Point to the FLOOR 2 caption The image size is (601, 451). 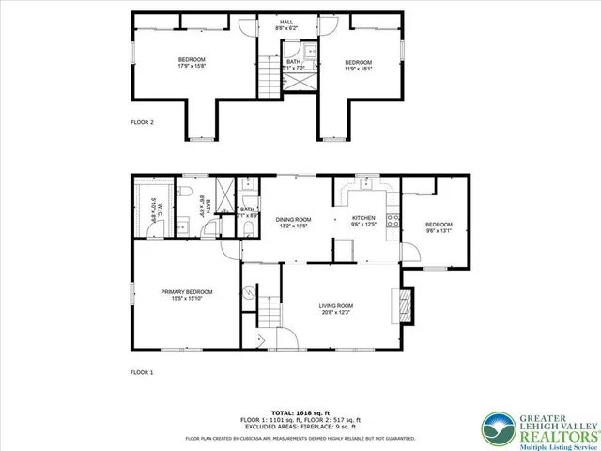[x=142, y=122]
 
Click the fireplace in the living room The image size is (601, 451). [x=406, y=305]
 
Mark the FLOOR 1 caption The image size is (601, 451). [x=142, y=372]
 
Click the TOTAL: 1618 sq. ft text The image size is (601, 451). [x=300, y=412]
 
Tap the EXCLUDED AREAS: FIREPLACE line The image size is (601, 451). [x=300, y=428]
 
